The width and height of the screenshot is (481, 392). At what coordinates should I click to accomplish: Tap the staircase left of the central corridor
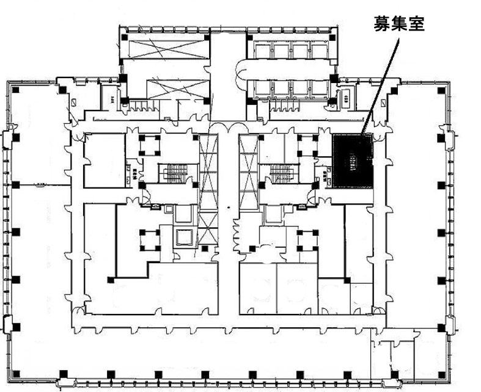pos(173,173)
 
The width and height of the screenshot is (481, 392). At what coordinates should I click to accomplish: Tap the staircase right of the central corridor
pos(281,173)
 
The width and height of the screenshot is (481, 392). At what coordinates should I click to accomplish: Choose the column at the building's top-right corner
pos(440,91)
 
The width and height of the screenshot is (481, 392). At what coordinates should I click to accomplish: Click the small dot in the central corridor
pos(227,208)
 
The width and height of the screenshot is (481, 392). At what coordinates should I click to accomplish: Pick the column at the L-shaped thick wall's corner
pos(111,280)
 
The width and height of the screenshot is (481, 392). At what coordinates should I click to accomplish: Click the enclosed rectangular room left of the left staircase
pos(105,160)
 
